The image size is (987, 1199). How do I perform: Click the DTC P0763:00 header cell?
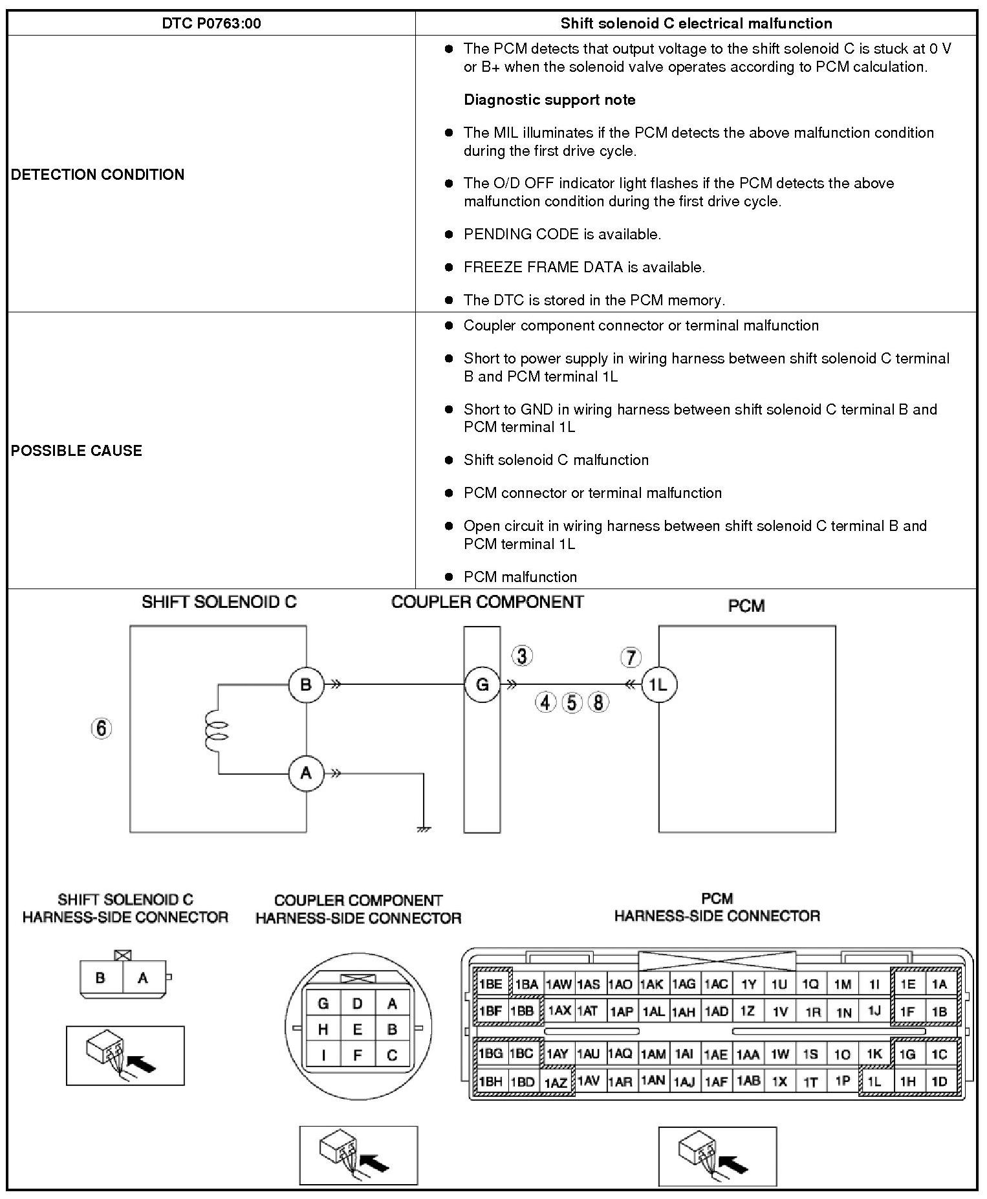[211, 24]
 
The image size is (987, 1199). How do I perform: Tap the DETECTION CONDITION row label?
[98, 175]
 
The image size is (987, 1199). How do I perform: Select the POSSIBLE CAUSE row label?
[76, 451]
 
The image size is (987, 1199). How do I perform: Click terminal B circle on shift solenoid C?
[306, 684]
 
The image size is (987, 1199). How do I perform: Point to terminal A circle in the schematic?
[306, 773]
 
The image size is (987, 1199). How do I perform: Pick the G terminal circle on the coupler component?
[482, 684]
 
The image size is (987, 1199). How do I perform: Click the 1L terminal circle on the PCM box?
[658, 684]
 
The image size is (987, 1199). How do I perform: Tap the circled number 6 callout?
[101, 728]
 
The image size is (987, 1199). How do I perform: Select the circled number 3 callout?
[522, 656]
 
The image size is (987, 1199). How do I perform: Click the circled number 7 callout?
[631, 657]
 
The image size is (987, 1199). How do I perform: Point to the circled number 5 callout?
[572, 702]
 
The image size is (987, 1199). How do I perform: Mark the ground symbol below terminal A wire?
[424, 828]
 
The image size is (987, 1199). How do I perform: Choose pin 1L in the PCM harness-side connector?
[874, 1081]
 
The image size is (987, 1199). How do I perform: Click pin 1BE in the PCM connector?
[490, 985]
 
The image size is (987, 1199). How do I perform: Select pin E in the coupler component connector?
[357, 1030]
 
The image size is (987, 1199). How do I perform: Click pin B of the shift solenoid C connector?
[100, 978]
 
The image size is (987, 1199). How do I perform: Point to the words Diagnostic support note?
[549, 100]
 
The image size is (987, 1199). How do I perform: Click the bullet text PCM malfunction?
[520, 577]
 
